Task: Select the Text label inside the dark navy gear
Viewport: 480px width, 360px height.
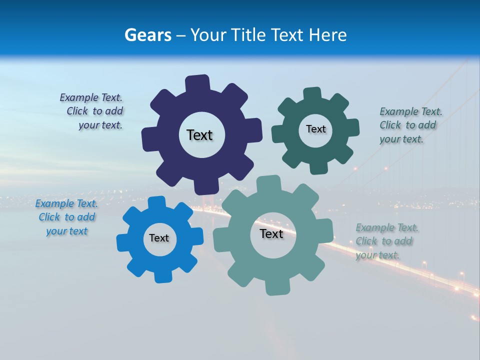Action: click(x=199, y=135)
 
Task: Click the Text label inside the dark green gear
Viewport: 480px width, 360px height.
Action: click(x=315, y=129)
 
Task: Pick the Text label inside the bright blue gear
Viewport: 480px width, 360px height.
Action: click(x=159, y=238)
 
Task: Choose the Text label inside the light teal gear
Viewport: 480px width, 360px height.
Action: click(x=271, y=233)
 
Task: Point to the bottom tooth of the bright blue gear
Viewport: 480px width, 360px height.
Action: click(x=162, y=275)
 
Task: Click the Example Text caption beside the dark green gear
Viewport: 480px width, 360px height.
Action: click(x=410, y=125)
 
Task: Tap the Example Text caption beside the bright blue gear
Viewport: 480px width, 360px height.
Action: click(x=66, y=217)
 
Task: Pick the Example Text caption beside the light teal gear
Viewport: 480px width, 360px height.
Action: click(x=386, y=241)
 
